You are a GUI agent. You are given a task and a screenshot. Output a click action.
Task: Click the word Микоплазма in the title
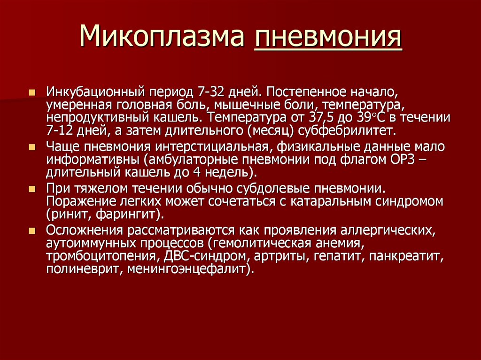point(162,36)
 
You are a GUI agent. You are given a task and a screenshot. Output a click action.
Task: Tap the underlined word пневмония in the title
point(328,37)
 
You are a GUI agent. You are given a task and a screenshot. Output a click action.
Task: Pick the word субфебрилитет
point(346,131)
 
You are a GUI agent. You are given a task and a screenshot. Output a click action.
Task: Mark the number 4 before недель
point(197,172)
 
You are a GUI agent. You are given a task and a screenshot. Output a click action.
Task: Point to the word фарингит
point(128,214)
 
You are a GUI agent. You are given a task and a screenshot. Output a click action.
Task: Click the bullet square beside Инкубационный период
point(32,92)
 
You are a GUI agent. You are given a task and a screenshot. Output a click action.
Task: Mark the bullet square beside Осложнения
point(32,230)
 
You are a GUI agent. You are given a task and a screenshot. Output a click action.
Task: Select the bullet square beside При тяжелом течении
point(32,189)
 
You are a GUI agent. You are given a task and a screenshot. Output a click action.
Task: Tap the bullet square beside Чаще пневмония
point(32,147)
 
